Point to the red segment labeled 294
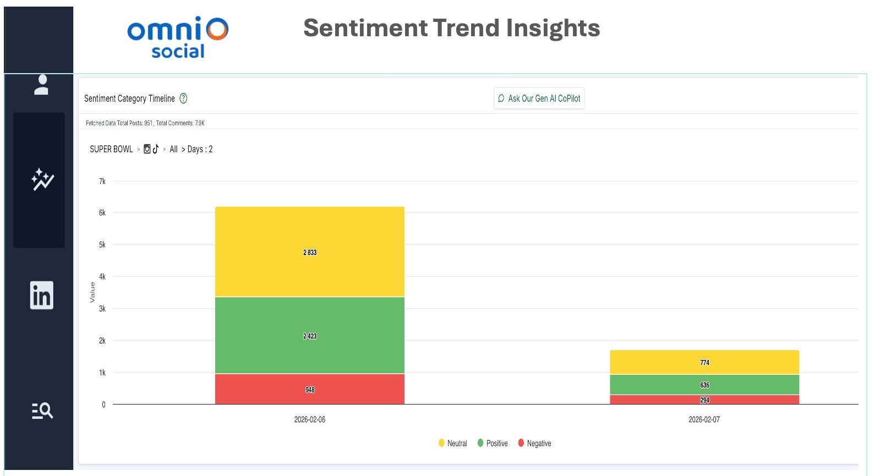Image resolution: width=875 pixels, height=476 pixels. (x=704, y=400)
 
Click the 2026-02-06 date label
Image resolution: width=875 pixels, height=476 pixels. (x=309, y=419)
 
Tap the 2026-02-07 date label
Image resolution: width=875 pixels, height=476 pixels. (x=704, y=419)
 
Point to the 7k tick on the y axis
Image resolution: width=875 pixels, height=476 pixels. (x=102, y=181)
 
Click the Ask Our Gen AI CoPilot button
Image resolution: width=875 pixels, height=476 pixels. (x=539, y=98)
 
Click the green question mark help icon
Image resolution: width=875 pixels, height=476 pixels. (x=183, y=98)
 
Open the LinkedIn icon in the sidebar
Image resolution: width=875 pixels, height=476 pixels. (x=41, y=295)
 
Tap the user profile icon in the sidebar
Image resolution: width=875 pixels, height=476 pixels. (x=41, y=85)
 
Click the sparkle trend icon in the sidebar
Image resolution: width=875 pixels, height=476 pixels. (x=42, y=179)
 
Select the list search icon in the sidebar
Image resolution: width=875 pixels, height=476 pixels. (x=42, y=411)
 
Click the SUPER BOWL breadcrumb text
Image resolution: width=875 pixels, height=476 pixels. (x=111, y=149)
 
